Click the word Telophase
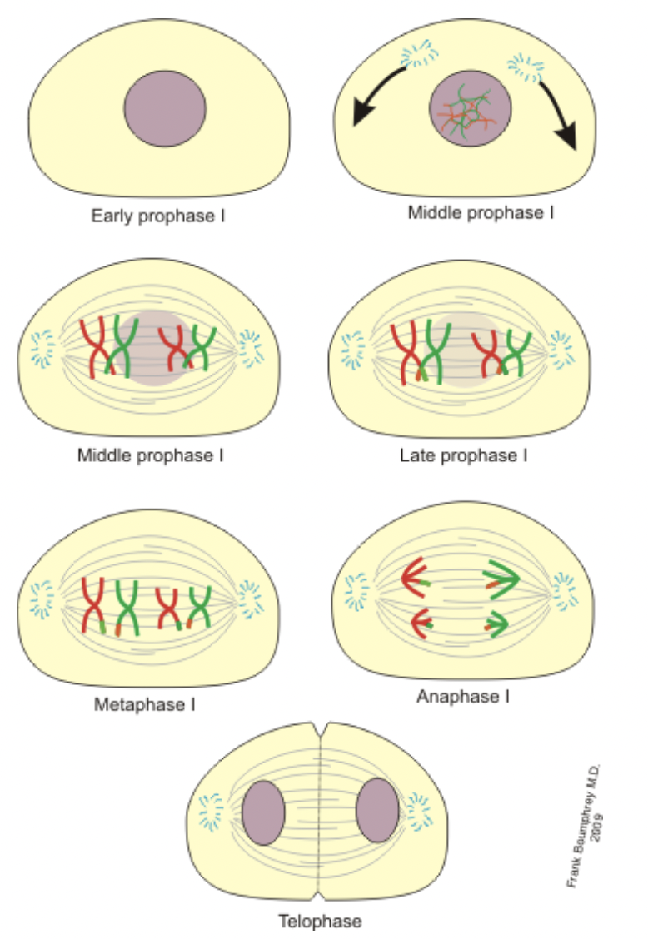(x=321, y=921)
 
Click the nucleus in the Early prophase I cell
(x=165, y=112)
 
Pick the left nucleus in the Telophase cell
(x=264, y=811)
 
